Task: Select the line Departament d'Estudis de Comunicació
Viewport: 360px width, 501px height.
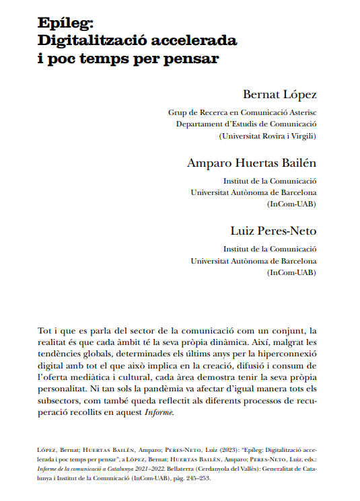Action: [246, 124]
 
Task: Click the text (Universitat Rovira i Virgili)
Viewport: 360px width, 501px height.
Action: [268, 136]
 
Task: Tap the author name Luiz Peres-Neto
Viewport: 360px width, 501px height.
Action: [273, 231]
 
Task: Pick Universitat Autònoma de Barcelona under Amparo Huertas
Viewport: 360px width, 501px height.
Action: [254, 192]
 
